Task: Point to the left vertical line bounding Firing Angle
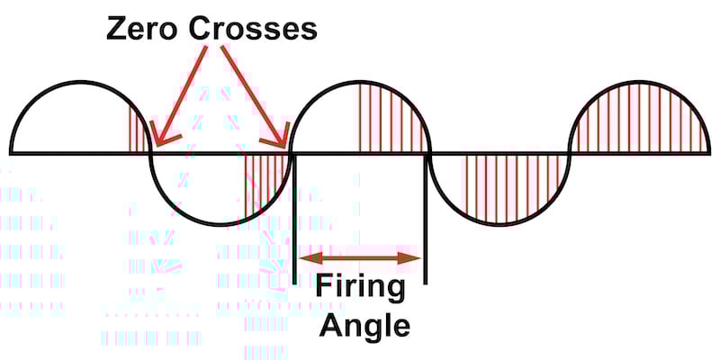point(294,216)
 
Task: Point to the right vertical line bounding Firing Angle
point(426,216)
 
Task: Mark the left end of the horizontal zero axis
point(11,152)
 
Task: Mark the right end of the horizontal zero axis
point(710,152)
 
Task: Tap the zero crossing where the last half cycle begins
point(571,152)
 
